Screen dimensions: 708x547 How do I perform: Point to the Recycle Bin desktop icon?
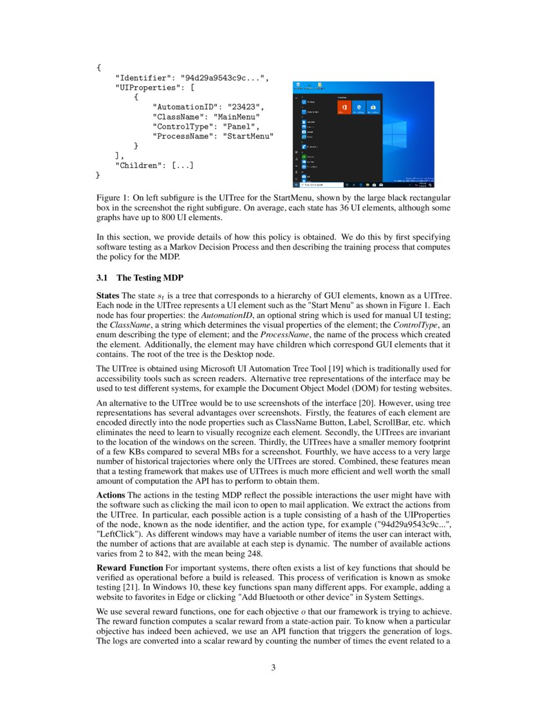(297, 86)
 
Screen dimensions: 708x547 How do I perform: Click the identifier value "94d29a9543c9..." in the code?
(221, 78)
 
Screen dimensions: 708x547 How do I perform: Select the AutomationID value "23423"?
(245, 107)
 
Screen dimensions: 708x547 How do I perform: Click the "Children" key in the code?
(137, 165)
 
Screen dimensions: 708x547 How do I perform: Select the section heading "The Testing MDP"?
(149, 278)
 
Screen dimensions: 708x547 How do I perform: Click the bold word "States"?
(109, 294)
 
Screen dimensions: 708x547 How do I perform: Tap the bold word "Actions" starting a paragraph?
(111, 494)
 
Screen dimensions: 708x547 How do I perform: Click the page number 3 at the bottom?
(273, 667)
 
